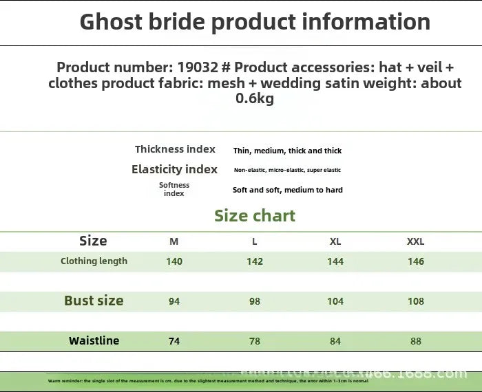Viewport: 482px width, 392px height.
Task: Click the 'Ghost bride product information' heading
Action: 255,22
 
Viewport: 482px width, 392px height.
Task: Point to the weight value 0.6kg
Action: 255,99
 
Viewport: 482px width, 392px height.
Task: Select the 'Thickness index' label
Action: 175,149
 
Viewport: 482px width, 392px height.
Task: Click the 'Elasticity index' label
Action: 174,169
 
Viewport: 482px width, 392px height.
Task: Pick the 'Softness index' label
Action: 174,189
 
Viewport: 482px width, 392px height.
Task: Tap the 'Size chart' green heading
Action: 255,216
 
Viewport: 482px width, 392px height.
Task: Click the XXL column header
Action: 416,241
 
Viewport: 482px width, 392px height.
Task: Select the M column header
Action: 174,241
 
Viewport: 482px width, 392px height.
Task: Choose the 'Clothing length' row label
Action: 94,261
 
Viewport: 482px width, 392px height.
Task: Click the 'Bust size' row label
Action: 94,301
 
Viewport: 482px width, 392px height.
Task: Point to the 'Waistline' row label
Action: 94,341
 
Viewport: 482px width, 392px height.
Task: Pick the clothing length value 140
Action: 174,261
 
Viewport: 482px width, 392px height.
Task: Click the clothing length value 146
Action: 416,261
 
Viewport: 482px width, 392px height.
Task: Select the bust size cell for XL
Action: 335,301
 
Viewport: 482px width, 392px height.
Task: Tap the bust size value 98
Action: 255,301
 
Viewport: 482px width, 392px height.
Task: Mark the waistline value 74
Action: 174,341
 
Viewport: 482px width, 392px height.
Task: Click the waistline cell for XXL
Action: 416,341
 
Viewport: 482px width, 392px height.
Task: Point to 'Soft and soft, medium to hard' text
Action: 287,190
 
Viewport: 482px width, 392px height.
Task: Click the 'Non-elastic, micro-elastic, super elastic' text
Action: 287,170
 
